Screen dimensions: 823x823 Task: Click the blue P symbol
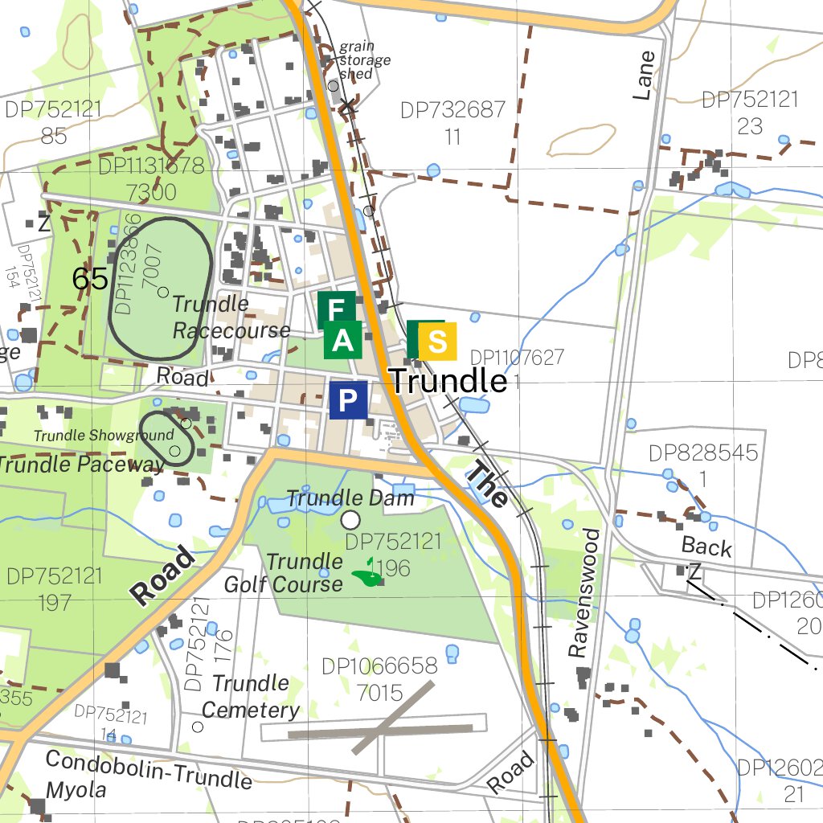point(348,400)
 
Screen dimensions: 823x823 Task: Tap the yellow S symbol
point(437,341)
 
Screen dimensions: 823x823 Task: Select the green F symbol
point(336,309)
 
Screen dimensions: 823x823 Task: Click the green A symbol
point(343,341)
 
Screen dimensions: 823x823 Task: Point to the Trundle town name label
point(448,381)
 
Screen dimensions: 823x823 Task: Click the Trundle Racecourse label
point(231,317)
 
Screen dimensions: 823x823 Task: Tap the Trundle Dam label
point(350,498)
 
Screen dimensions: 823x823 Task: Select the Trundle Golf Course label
point(285,572)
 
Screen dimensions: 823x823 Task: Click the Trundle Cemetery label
point(250,697)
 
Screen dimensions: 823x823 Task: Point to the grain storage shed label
point(364,60)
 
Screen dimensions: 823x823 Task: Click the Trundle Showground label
point(103,436)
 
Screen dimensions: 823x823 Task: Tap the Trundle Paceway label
point(80,465)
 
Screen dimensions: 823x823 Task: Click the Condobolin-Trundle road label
point(149,769)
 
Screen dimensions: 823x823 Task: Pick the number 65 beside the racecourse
point(89,279)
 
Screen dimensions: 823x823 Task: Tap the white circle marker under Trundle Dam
point(350,520)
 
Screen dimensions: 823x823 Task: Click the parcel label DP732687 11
point(452,123)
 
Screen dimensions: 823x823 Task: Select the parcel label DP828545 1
point(704,465)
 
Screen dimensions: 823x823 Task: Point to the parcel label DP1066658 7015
point(379,679)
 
